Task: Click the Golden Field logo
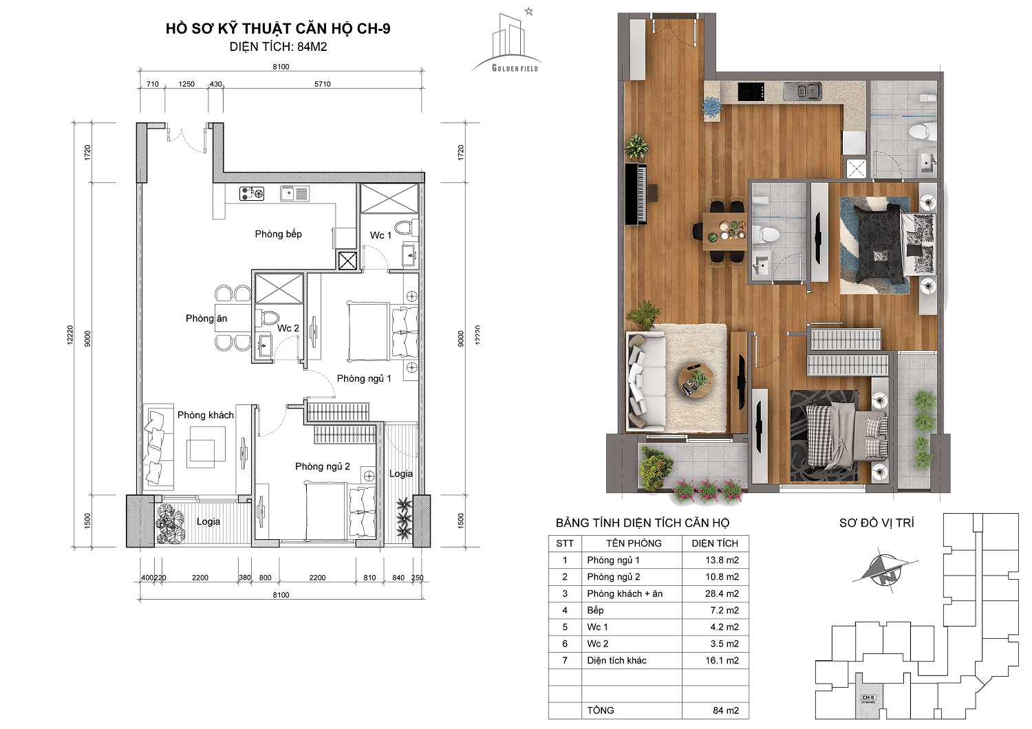tap(507, 41)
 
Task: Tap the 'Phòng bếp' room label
tap(278, 234)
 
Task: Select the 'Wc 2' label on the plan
tap(288, 328)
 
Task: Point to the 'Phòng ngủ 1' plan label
tap(364, 378)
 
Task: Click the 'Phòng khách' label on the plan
tap(206, 415)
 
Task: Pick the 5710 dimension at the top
tap(323, 84)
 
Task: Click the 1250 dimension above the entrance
tap(186, 84)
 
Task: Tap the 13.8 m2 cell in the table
tap(722, 560)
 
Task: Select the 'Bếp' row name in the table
tap(595, 610)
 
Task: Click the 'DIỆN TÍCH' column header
tap(715, 543)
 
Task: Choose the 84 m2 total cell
tap(726, 710)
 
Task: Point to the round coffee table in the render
tap(696, 381)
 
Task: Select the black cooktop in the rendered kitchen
tap(751, 91)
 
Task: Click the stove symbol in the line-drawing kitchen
tap(252, 194)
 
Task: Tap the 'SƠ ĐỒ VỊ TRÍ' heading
tap(877, 523)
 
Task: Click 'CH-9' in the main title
tap(373, 29)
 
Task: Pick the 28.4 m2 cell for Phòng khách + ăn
tap(722, 594)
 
